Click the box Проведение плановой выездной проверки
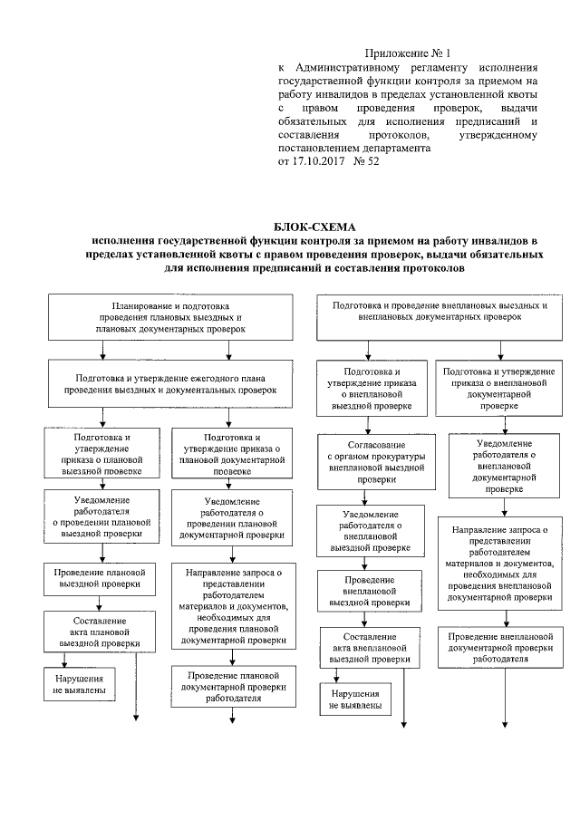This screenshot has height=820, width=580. pos(95,579)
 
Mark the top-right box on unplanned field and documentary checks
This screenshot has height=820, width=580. pos(440,313)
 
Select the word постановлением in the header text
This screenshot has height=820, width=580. pos(318,148)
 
